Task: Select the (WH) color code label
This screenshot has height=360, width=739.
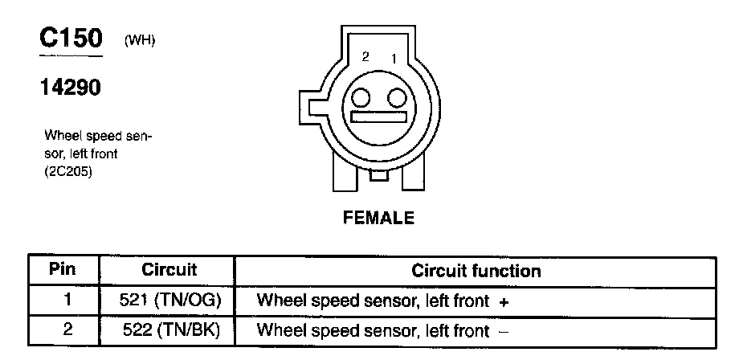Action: click(x=140, y=42)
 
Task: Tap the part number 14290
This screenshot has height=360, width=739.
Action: click(x=71, y=88)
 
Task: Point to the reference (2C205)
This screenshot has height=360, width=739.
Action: click(x=68, y=170)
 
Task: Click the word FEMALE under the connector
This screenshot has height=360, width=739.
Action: click(x=379, y=218)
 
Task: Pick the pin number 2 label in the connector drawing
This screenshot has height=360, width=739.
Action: click(x=365, y=57)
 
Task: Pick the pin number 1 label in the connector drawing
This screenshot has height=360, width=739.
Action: click(x=394, y=58)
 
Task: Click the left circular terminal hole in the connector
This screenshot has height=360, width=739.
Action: click(x=361, y=98)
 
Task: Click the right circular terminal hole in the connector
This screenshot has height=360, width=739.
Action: click(x=395, y=98)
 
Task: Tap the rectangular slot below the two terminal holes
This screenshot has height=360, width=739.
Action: click(x=378, y=117)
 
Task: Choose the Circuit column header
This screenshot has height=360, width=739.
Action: click(x=169, y=270)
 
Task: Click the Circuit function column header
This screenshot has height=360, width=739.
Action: click(x=476, y=271)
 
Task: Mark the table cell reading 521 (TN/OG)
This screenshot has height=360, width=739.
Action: click(x=169, y=301)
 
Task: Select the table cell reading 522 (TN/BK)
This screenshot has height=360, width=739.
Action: click(x=169, y=330)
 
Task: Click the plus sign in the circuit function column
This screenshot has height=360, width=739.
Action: click(x=504, y=302)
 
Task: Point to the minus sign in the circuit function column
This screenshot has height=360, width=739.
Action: click(x=504, y=331)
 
